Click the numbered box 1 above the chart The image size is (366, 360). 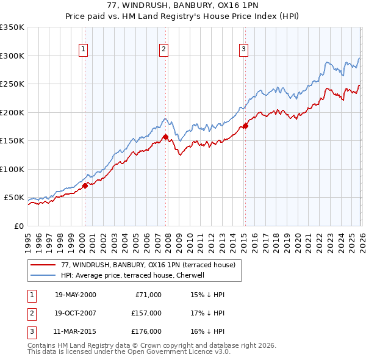pos(83,50)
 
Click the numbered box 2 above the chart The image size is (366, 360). pos(164,50)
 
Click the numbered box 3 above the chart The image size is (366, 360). pos(243,50)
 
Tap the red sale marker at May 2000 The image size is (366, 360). pos(85,186)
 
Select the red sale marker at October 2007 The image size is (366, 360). pos(165,137)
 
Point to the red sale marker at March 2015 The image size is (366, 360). pos(245,126)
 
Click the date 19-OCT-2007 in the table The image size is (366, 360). pos(75,314)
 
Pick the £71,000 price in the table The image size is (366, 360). pos(147,295)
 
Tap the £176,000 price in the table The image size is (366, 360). pos(145,333)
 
